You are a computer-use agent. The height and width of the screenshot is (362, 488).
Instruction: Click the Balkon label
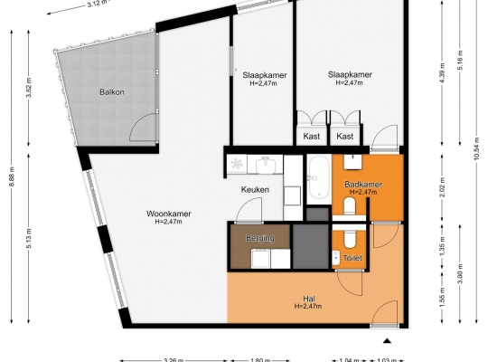pyautogui.click(x=112, y=92)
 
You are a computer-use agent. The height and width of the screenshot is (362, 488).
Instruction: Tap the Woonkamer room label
pyautogui.click(x=169, y=214)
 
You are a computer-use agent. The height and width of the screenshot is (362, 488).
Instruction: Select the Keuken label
pyautogui.click(x=255, y=189)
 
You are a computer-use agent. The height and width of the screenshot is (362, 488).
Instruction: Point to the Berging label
pyautogui.click(x=260, y=238)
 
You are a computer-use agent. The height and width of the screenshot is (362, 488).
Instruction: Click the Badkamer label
pyautogui.click(x=363, y=184)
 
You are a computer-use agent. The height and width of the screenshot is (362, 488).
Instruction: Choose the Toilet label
pyautogui.click(x=352, y=258)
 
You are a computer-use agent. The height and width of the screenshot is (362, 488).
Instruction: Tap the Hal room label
pyautogui.click(x=308, y=299)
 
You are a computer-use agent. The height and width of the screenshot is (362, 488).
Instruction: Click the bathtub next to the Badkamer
pyautogui.click(x=319, y=177)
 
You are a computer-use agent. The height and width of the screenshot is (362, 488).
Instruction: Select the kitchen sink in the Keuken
pyautogui.click(x=266, y=165)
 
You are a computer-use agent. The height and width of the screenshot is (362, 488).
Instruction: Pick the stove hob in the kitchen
pyautogui.click(x=237, y=164)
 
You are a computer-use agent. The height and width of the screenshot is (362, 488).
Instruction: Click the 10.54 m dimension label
pyautogui.click(x=476, y=148)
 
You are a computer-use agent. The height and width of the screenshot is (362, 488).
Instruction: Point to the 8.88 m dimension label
pyautogui.click(x=12, y=176)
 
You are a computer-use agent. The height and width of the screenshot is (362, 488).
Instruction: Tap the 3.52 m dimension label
pyautogui.click(x=29, y=88)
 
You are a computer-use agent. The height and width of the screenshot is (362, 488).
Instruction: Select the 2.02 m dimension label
pyautogui.click(x=443, y=187)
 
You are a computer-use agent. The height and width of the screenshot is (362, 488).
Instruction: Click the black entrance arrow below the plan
pyautogui.click(x=387, y=340)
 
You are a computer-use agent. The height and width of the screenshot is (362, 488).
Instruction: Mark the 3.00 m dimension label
pyautogui.click(x=461, y=273)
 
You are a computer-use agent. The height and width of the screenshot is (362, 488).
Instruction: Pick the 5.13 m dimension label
pyautogui.click(x=29, y=239)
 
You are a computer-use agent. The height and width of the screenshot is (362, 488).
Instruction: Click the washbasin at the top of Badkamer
pyautogui.click(x=353, y=162)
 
